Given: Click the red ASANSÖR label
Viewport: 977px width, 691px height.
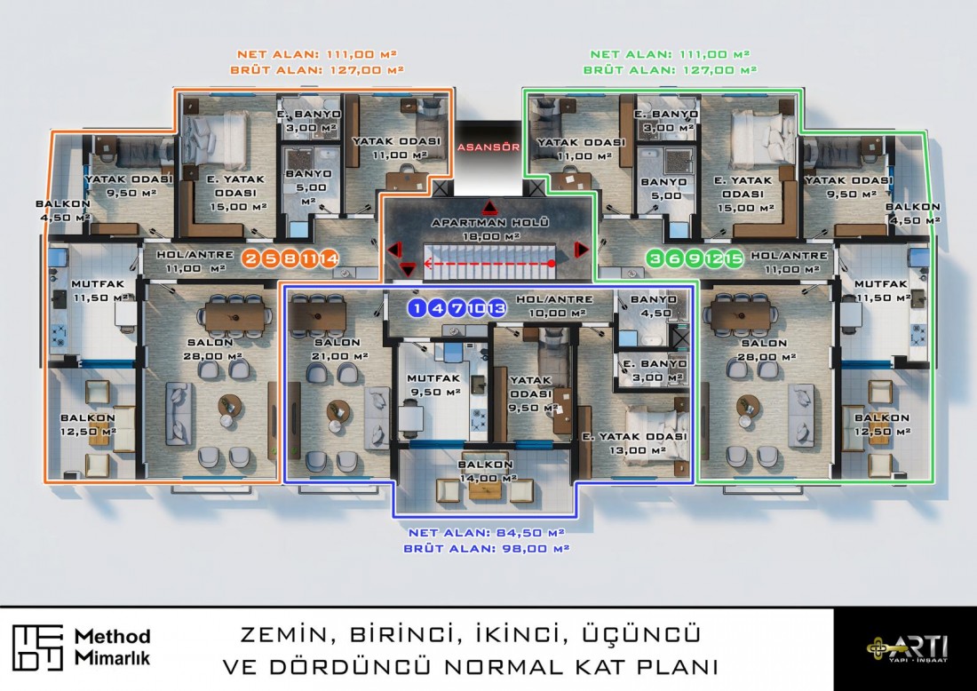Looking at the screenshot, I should tap(488, 148).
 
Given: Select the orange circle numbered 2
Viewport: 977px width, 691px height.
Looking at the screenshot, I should tap(250, 259).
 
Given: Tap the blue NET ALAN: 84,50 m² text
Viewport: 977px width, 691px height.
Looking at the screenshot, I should tap(487, 533).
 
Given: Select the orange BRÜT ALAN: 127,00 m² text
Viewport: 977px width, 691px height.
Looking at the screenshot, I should tap(318, 68).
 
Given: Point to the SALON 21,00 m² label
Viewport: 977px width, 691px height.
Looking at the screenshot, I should tap(335, 349).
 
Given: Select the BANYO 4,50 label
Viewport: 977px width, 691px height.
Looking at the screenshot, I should tap(652, 306).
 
